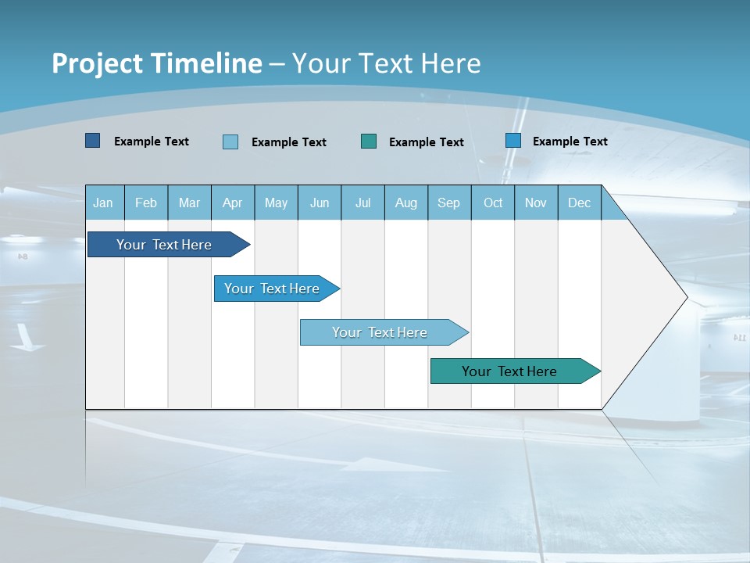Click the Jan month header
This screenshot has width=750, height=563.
pyautogui.click(x=103, y=203)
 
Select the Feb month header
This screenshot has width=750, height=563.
pyautogui.click(x=146, y=203)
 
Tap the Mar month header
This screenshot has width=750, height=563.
pyautogui.click(x=189, y=203)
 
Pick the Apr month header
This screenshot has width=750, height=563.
pyautogui.click(x=233, y=203)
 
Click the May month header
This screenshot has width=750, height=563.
pyautogui.click(x=276, y=203)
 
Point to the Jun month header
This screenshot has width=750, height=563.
pyautogui.click(x=320, y=203)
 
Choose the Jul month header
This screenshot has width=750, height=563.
pyautogui.click(x=362, y=203)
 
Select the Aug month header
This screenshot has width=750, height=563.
pyautogui.click(x=406, y=203)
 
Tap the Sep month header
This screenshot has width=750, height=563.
pyautogui.click(x=449, y=203)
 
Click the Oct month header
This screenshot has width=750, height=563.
pyautogui.click(x=493, y=203)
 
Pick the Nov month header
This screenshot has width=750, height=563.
pyautogui.click(x=536, y=203)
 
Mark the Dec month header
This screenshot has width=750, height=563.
pyautogui.click(x=580, y=203)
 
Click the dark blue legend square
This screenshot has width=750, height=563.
pyautogui.click(x=92, y=141)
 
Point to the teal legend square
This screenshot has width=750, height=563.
pyautogui.click(x=369, y=142)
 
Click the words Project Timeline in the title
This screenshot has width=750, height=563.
pyautogui.click(x=157, y=63)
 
